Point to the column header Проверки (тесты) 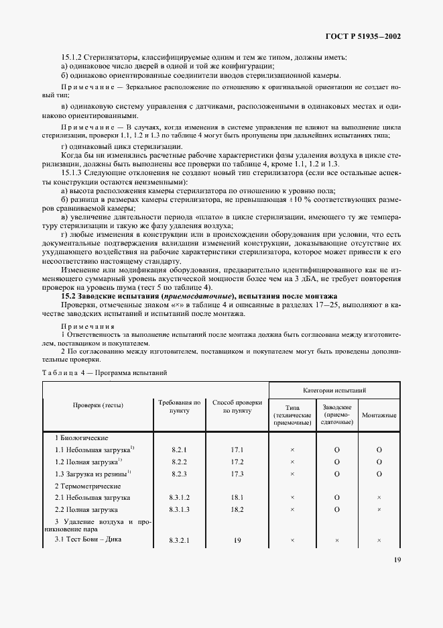pyautogui.click(x=99, y=405)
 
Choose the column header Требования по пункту pyautogui.click(x=180, y=406)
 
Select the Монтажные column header pyautogui.click(x=379, y=415)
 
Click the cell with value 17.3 pyautogui.click(x=237, y=473)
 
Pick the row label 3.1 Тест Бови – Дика pyautogui.click(x=88, y=539)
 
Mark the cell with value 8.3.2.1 pyautogui.click(x=179, y=539)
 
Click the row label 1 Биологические pyautogui.click(x=81, y=437)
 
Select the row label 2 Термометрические pyautogui.click(x=86, y=485)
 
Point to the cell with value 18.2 pyautogui.click(x=237, y=509)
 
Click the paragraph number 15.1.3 pyautogui.click(x=72, y=172)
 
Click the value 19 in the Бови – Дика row pyautogui.click(x=237, y=539)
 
